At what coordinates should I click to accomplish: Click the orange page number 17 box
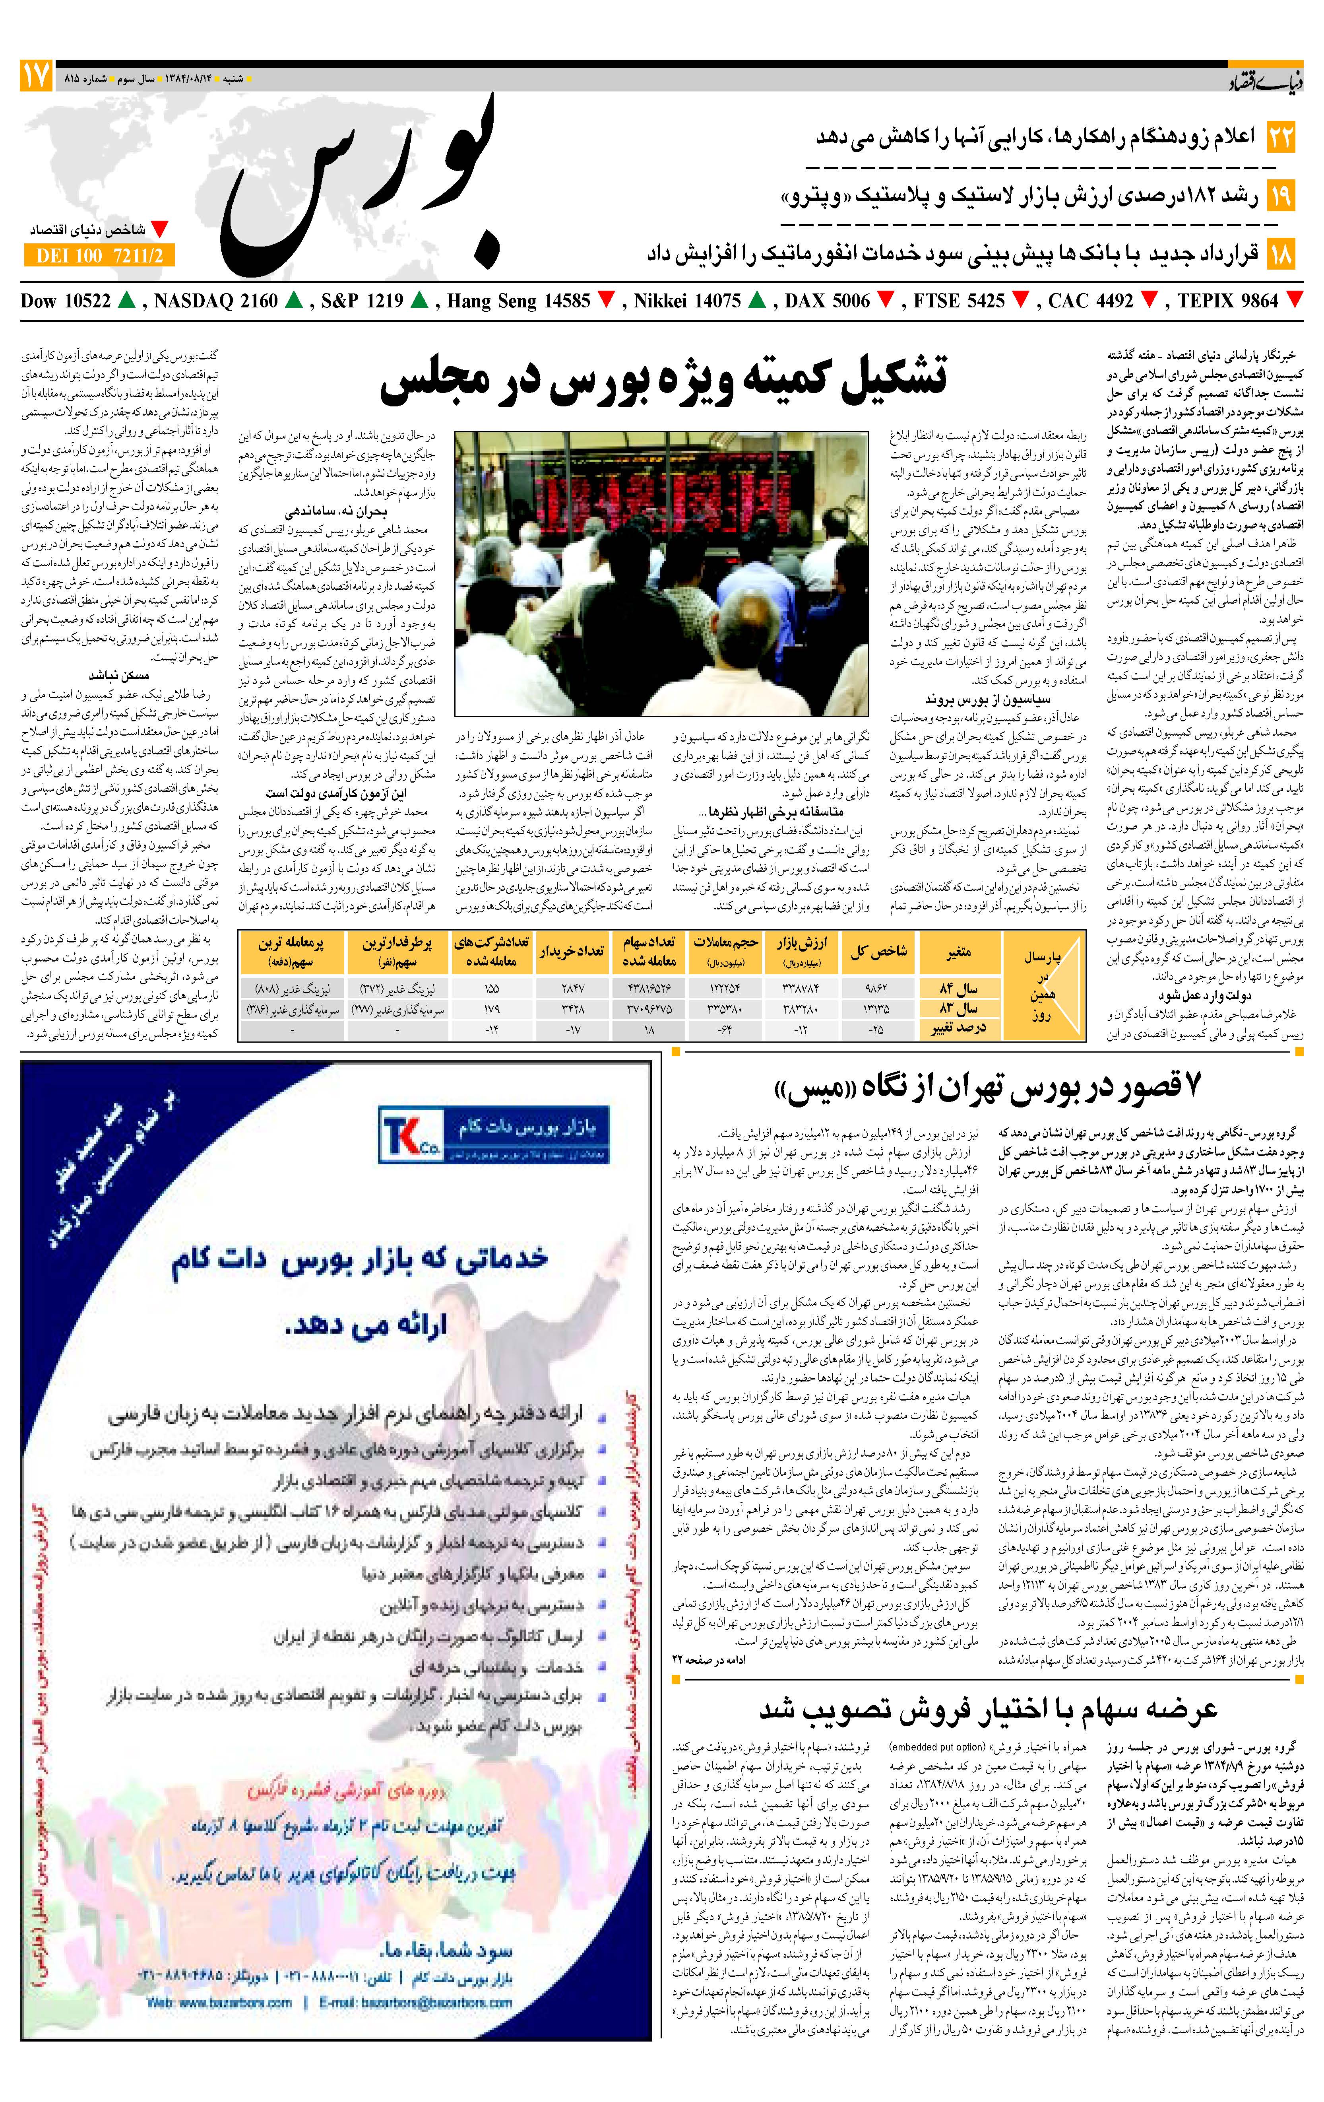tap(36, 77)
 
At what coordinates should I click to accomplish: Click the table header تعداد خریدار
tap(572, 952)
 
